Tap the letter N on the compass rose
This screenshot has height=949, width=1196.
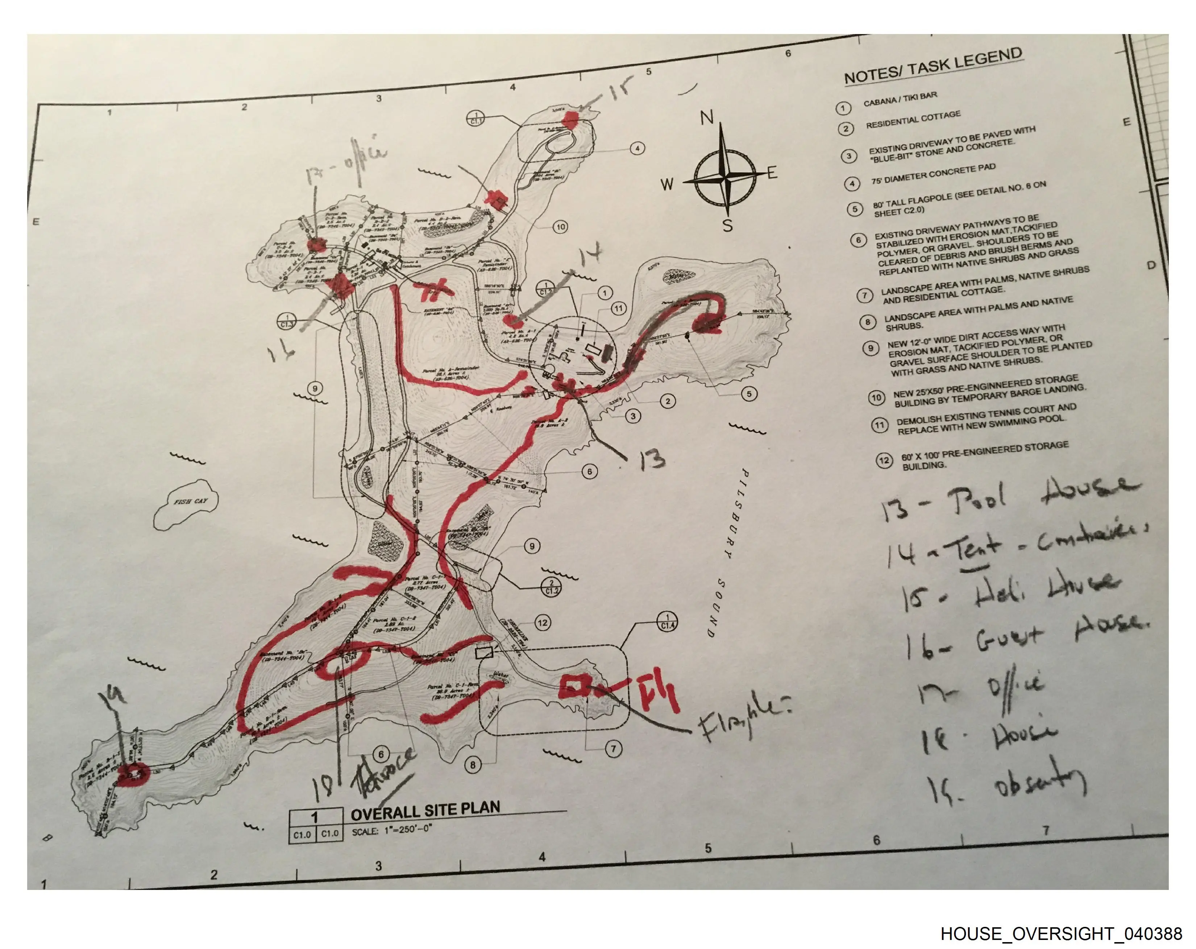coord(706,118)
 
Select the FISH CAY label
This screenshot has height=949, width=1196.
coord(190,501)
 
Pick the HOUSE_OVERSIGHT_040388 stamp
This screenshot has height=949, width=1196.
coord(1061,933)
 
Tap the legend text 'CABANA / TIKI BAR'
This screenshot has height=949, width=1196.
coord(900,99)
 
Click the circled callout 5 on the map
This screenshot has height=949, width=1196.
coord(749,394)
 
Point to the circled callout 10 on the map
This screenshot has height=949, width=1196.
coord(560,226)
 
